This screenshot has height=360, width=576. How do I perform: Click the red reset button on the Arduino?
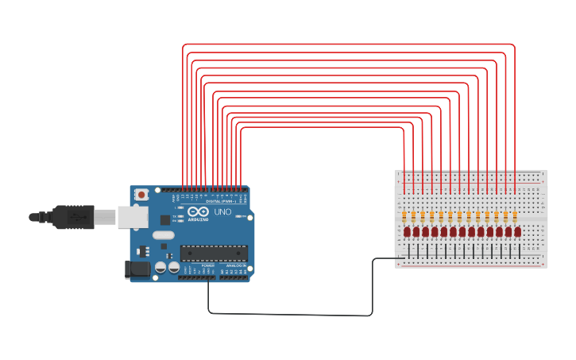(141, 195)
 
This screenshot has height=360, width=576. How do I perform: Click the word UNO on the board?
(222, 212)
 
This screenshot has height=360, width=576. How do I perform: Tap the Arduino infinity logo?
(193, 212)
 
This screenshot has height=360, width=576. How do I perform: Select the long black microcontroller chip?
(214, 253)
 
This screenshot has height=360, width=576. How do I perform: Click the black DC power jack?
(137, 269)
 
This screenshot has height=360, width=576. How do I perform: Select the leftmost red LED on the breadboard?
(407, 232)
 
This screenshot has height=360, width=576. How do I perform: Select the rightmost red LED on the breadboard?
(517, 232)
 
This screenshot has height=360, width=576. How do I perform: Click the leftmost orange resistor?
(404, 216)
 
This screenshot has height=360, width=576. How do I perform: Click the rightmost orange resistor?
(515, 216)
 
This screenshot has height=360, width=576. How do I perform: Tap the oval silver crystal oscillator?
(163, 235)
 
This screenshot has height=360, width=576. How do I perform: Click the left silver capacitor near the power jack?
(160, 268)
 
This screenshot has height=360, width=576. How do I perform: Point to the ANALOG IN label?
(236, 265)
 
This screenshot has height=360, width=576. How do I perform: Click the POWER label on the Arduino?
(208, 265)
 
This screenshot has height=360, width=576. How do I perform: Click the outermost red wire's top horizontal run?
(350, 45)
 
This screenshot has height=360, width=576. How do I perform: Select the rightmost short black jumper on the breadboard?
(520, 251)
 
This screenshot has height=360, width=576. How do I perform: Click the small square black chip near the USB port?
(165, 219)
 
